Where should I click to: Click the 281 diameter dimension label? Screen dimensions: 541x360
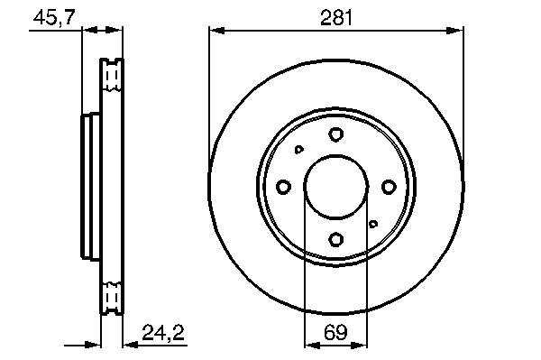click(x=336, y=18)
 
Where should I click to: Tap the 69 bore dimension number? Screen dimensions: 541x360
click(x=335, y=332)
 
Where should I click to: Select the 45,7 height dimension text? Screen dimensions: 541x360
click(x=54, y=17)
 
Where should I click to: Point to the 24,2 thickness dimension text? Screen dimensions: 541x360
click(x=163, y=332)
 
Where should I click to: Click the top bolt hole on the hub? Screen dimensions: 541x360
click(x=335, y=134)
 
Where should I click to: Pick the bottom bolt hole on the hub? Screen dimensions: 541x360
click(x=335, y=239)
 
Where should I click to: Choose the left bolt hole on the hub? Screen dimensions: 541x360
click(x=283, y=187)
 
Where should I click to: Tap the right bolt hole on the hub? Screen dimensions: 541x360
click(x=388, y=187)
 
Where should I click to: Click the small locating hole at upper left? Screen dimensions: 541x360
click(x=298, y=150)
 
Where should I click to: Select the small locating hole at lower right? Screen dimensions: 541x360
click(x=372, y=224)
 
